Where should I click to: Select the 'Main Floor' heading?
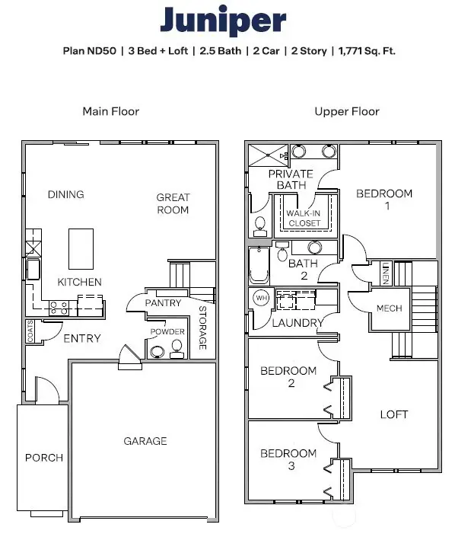pos(111,111)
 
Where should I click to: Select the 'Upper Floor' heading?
pos(347,111)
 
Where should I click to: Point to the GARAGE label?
pos(145,441)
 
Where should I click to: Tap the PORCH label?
pos(44,458)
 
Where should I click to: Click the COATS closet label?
pos(30,332)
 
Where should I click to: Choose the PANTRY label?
pos(164,303)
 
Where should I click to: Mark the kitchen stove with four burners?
pos(59,308)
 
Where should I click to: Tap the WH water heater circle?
pos(261,297)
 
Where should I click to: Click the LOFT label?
pos(394,414)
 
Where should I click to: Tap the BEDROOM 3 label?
pos(288,459)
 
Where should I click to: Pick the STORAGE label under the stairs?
pos(202,328)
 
